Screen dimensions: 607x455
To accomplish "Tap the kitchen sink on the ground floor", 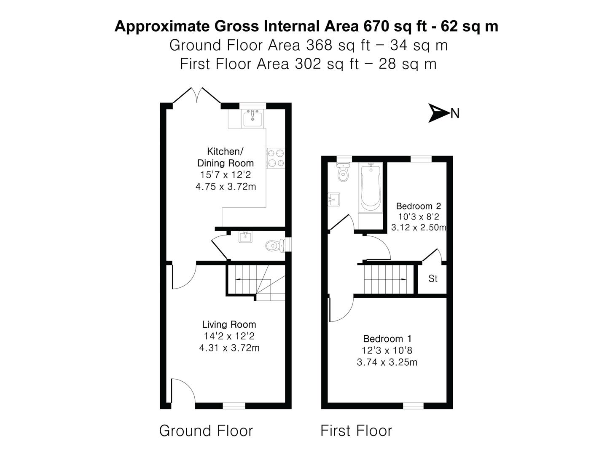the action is (252, 118).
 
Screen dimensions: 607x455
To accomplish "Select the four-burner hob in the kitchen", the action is (275, 158).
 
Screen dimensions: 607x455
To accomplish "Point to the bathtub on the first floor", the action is (371, 188).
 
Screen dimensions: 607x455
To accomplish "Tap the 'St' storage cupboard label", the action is (432, 279).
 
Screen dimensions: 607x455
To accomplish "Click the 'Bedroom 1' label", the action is (387, 339).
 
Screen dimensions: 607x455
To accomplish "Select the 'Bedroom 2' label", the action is (418, 206).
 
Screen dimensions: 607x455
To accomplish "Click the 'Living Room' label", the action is (229, 324).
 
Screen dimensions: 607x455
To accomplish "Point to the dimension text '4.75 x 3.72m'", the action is (226, 186).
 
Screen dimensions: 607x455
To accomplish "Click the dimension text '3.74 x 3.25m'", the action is (387, 362).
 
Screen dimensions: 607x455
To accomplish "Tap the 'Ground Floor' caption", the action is (206, 431).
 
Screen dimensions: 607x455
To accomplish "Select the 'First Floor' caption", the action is (356, 431).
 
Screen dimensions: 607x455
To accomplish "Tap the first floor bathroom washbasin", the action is (334, 200).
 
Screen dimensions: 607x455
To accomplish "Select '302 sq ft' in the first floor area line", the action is (328, 64).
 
